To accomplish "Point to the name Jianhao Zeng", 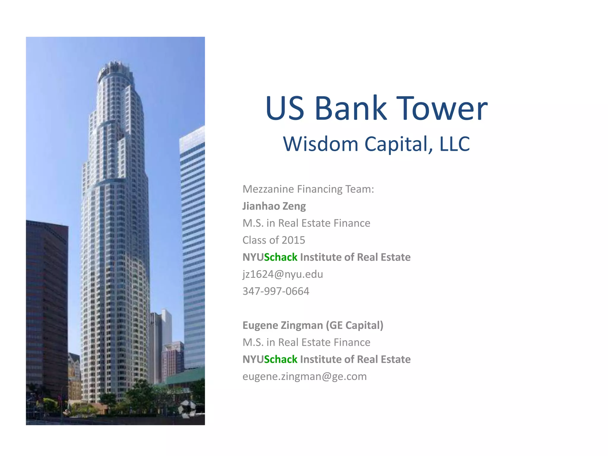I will (x=274, y=206).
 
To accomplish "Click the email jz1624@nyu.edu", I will (x=283, y=274).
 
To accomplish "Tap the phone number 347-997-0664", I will (x=276, y=291).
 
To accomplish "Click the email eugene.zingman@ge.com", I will (x=305, y=376).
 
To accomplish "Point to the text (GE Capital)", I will (x=354, y=325).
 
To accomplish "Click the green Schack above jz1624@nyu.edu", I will (x=281, y=257).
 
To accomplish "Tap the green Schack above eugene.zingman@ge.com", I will (x=281, y=360).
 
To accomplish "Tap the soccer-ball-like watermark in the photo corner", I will (x=187, y=409).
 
